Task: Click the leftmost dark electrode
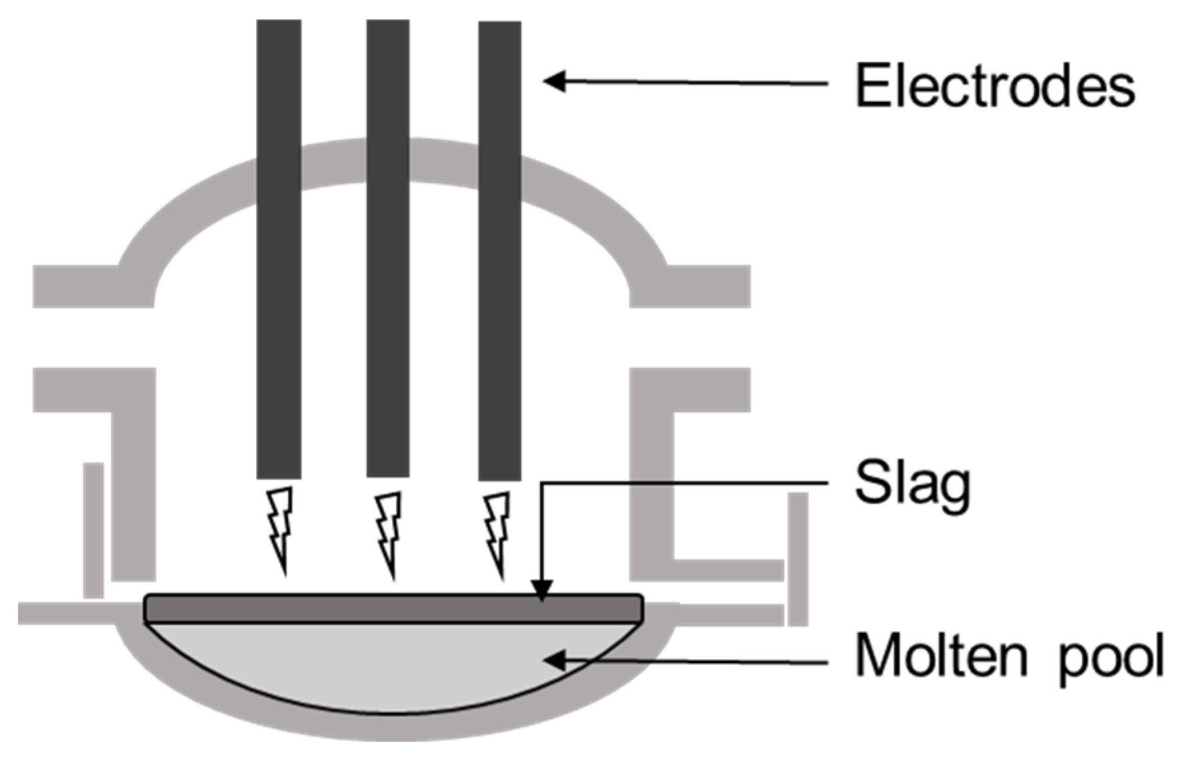tap(279, 249)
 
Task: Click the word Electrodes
tap(994, 86)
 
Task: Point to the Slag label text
tap(912, 485)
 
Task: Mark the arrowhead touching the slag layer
tap(542, 590)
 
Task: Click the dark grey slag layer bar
tap(393, 608)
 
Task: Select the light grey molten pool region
tap(393, 665)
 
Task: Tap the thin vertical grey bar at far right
tap(797, 559)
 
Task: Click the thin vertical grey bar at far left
tap(93, 529)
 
